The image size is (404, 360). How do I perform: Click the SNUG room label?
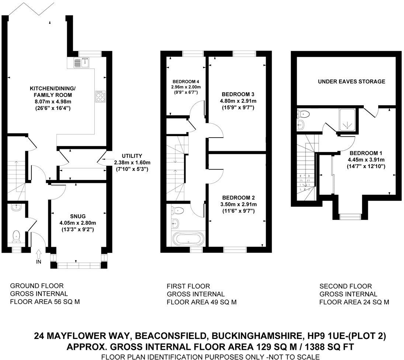pos(78,216)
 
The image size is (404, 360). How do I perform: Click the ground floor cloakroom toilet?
pos(16,236)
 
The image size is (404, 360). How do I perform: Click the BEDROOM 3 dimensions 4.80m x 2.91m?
pos(238,101)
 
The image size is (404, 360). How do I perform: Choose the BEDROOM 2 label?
pos(238,198)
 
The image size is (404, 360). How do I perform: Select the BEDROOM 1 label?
pos(363,153)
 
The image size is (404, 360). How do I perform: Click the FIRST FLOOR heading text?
pos(188,286)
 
